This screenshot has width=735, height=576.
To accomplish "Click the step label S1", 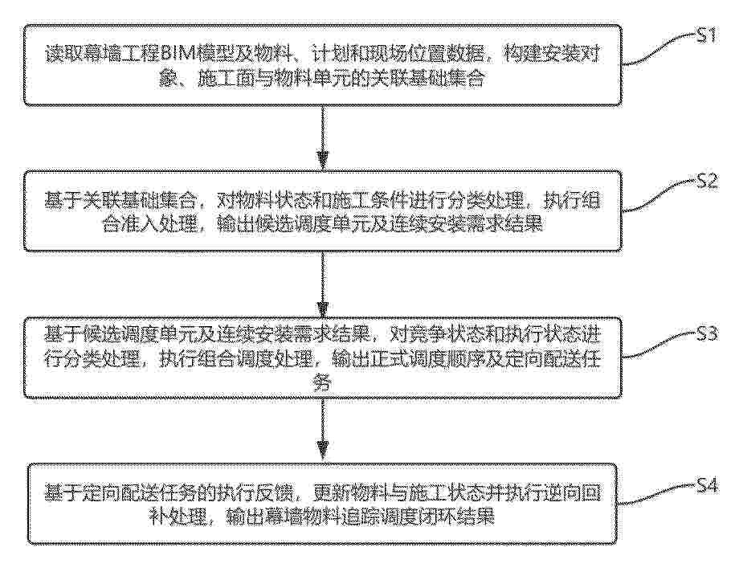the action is (705, 35).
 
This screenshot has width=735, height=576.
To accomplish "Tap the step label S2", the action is (706, 181).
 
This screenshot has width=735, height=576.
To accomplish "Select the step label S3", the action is (706, 333).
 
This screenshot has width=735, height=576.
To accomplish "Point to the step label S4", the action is (706, 485).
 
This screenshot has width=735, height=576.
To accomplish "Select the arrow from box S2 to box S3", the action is (322, 284).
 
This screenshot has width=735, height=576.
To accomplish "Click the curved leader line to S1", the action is (658, 49).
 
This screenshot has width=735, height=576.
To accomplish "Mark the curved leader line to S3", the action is (658, 347).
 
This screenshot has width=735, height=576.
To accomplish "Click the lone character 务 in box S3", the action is (322, 382).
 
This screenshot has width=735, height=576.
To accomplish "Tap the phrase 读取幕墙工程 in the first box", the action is (103, 54).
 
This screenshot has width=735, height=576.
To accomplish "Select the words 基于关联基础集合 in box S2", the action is (121, 201).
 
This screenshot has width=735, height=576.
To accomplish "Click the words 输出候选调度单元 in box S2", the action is (294, 224).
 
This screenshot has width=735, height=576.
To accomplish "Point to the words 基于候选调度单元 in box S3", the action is (121, 335).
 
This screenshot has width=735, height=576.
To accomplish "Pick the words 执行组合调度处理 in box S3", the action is (236, 358).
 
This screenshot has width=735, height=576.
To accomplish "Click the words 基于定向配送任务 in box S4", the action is (121, 493).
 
